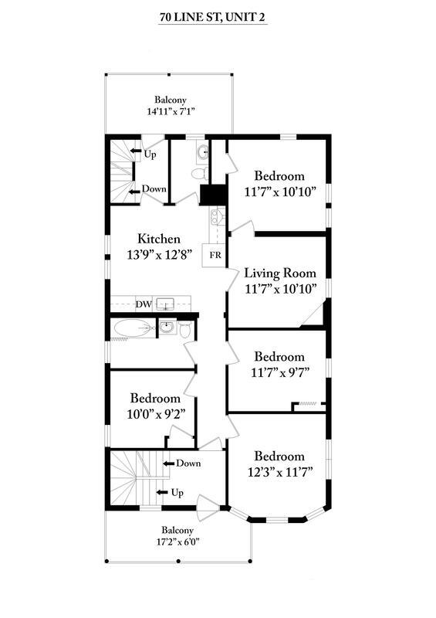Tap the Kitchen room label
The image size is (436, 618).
pyautogui.click(x=159, y=239)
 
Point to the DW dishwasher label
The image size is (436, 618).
pyautogui.click(x=143, y=304)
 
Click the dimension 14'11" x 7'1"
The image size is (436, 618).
pyautogui.click(x=170, y=111)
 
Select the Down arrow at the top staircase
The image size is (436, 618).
pyautogui.click(x=134, y=188)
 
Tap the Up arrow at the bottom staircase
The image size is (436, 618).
pyautogui.click(x=164, y=492)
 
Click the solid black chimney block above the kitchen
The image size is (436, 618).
pyautogui.click(x=209, y=195)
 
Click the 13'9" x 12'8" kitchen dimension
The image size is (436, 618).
pyautogui.click(x=159, y=253)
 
